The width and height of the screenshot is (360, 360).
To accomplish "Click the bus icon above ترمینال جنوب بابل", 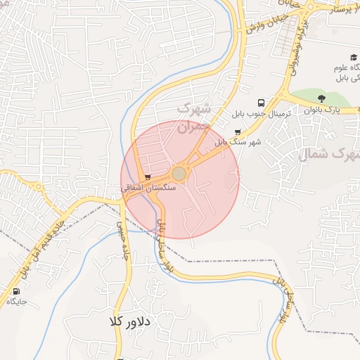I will pos(262,103).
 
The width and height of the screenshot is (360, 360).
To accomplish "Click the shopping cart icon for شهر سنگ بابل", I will pos(237,131).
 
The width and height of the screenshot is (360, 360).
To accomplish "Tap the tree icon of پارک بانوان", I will pos(322,98).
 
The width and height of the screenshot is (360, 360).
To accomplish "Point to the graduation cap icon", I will pos(353,58).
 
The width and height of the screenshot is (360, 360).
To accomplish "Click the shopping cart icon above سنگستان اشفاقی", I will pos(147,177).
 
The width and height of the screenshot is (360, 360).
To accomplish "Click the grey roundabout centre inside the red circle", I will pos(179,173).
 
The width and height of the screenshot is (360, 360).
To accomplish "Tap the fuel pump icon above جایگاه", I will pos(16,291).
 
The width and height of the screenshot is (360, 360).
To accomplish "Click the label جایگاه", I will pos(16,302).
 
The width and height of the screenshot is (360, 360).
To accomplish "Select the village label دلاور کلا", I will pos(130,321).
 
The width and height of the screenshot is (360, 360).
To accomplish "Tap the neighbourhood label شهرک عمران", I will pos(192,119).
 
